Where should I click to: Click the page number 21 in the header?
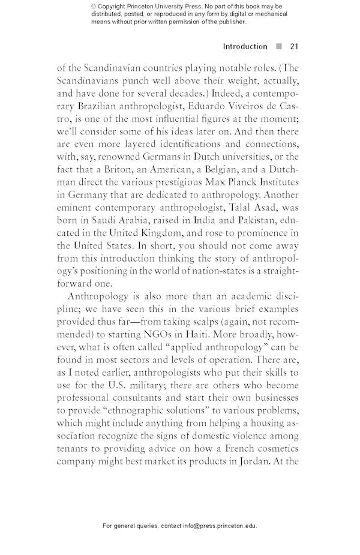click(x=294, y=46)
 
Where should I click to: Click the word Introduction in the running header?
click(x=245, y=46)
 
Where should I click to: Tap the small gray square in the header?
click(x=278, y=46)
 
